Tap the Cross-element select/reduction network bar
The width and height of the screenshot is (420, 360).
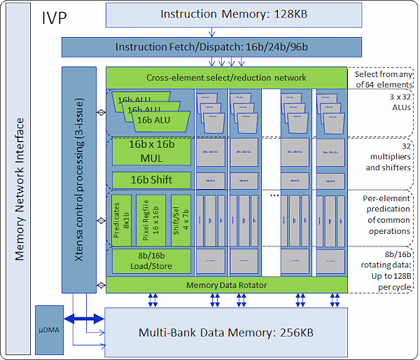(x=226, y=77)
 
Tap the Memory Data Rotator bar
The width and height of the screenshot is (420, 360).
(x=226, y=284)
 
